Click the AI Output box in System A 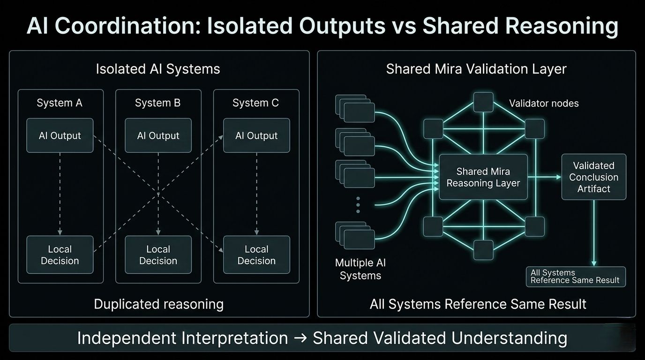60,135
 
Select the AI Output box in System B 158,135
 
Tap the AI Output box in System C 256,135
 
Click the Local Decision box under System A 60,255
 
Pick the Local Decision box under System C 256,255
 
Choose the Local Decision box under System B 158,255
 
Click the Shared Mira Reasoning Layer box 483,177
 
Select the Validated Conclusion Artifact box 593,177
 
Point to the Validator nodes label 544,104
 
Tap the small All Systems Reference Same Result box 576,277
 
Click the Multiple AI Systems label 360,269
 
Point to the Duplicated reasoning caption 158,304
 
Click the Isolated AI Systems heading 158,69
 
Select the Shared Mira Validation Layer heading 476,69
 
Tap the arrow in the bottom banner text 300,338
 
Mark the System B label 157,103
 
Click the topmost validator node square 483,102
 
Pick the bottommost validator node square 483,250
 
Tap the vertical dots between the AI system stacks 358,205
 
